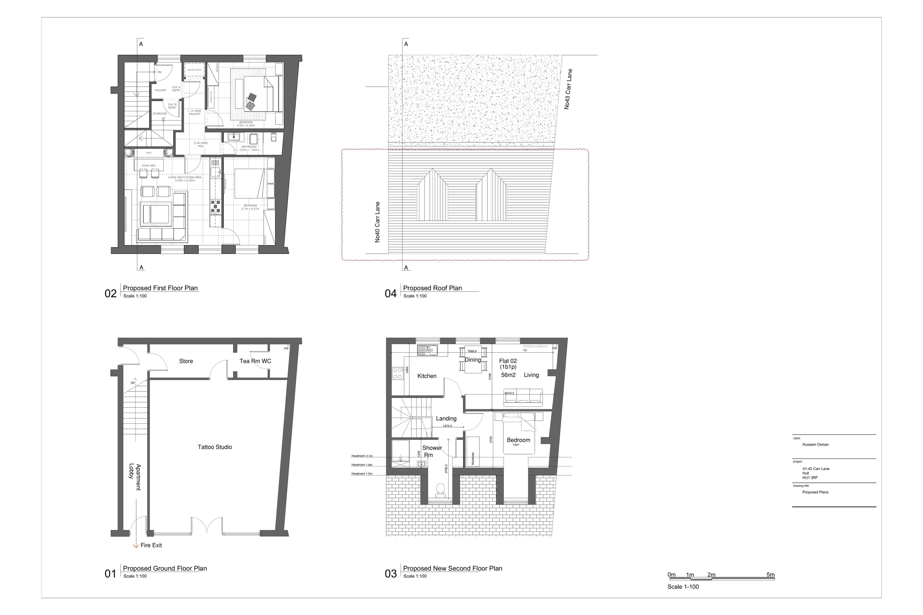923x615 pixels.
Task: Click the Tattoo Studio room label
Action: click(215, 447)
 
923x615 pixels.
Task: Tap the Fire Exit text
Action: click(151, 545)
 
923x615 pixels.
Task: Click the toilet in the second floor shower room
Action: click(440, 490)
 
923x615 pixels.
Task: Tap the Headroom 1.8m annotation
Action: click(362, 465)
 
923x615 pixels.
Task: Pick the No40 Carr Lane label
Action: click(378, 222)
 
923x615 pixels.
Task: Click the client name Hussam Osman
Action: click(816, 444)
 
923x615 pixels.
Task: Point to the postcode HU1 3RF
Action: click(810, 478)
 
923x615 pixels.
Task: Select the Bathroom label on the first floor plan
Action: click(249, 147)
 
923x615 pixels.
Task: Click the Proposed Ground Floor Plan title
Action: click(165, 568)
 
